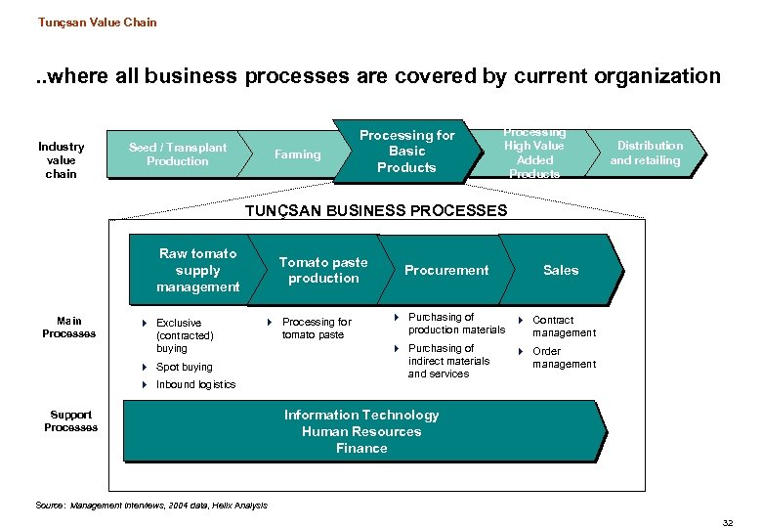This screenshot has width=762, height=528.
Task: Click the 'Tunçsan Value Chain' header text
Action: point(97,22)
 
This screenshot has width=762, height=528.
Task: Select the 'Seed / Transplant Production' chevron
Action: point(177,154)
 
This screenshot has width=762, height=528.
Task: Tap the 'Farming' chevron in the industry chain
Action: point(297,154)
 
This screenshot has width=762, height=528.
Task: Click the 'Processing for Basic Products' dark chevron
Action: point(406,152)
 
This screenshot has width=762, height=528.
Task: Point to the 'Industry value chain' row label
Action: point(61,159)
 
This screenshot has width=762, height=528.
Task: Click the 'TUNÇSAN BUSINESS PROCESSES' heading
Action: point(376,210)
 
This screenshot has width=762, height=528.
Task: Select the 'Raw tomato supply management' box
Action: point(198,270)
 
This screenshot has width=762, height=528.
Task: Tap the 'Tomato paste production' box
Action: point(323,270)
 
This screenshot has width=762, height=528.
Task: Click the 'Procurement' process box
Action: point(446,270)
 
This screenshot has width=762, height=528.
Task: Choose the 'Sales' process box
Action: point(561,270)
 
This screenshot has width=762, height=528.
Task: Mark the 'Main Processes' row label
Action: point(69,328)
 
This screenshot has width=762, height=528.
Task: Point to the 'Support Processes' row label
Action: point(70,420)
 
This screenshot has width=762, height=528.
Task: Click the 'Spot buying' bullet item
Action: point(184,368)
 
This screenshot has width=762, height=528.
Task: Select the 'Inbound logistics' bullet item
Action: point(195,384)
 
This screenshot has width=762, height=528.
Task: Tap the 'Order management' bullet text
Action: point(564,358)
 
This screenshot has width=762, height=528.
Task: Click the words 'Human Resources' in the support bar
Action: point(361,431)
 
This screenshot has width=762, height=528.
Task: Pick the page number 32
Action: point(727,523)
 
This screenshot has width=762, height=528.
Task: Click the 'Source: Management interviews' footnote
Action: point(150,506)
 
